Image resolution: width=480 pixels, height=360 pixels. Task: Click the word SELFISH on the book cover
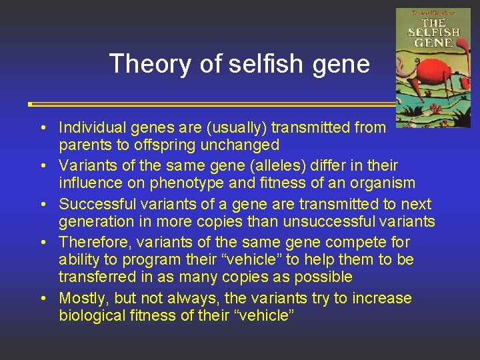(x=434, y=32)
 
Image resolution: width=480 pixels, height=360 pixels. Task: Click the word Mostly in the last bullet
(x=81, y=298)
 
